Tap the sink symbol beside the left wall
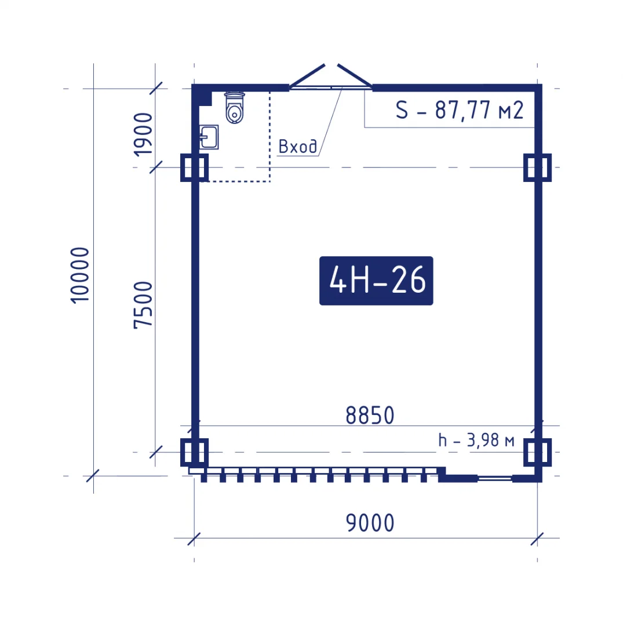pos(209,137)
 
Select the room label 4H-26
pos(376,281)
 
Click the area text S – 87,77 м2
pos(459,110)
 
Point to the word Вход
pos(298,147)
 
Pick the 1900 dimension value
pos(143,134)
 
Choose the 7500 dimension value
pos(143,305)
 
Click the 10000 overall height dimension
pos(80,275)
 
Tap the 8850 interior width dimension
pos(370,415)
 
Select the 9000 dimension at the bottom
pos(370,523)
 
